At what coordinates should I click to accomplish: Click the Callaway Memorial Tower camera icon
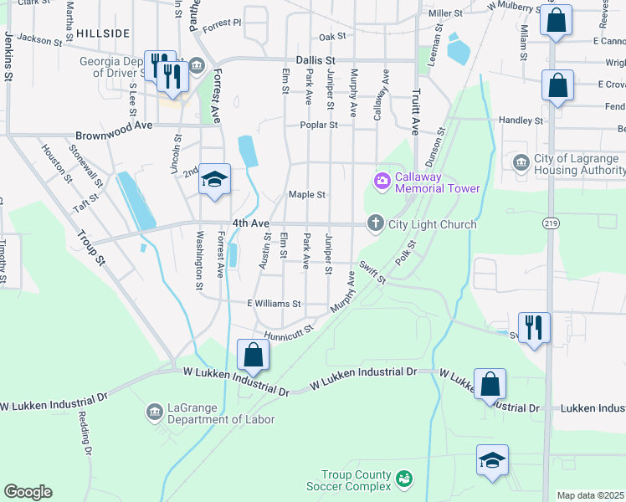(382, 181)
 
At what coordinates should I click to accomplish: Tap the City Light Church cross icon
(376, 223)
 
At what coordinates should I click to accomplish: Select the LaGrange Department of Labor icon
(154, 412)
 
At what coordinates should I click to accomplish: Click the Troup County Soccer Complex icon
(404, 478)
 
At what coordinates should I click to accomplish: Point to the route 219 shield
(551, 223)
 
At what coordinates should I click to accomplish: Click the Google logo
(28, 492)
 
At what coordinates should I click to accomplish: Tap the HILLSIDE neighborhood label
(103, 33)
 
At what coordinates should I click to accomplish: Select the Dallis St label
(316, 61)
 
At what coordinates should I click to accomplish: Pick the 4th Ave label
(251, 223)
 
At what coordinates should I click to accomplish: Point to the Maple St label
(306, 195)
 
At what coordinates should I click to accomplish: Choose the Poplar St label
(319, 125)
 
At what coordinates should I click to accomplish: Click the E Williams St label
(274, 303)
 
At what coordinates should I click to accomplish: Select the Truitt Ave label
(414, 112)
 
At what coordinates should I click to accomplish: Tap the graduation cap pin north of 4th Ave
(215, 179)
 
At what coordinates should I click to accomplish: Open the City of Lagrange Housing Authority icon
(521, 161)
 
